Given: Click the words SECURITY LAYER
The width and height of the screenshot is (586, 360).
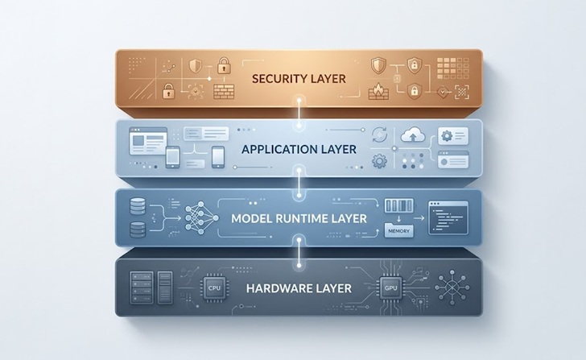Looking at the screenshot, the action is click(299, 79).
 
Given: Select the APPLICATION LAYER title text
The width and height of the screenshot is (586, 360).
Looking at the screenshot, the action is click(299, 149).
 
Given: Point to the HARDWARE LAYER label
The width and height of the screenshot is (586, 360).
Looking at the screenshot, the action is click(299, 288).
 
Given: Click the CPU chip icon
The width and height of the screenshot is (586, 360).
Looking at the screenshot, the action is click(214, 288).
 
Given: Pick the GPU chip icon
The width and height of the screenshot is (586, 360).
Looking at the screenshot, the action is click(390, 288).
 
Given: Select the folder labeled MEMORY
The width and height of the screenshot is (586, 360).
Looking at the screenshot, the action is click(398, 230).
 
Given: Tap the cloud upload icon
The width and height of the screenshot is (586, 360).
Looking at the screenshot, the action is click(413, 135).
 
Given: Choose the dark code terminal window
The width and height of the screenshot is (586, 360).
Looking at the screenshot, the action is click(448, 218).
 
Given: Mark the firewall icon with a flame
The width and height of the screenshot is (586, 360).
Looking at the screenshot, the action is click(378, 92).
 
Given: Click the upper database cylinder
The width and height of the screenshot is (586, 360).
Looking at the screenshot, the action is click(138, 207).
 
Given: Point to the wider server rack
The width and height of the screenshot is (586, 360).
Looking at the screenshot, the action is click(142, 288).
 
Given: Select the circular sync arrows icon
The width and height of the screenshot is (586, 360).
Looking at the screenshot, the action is click(380, 135).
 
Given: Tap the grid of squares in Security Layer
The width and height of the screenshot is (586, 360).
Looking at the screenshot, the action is click(452, 68).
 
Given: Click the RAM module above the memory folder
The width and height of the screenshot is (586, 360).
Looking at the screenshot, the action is click(399, 205).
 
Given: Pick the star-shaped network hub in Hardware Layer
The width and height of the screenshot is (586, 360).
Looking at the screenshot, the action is click(452, 288).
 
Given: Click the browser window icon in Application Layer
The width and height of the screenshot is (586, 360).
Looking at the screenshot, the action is click(148, 141).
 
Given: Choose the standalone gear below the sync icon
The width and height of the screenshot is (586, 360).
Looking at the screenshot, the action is click(379, 162).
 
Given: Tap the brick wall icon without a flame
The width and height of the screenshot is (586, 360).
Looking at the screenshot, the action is click(224, 92).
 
